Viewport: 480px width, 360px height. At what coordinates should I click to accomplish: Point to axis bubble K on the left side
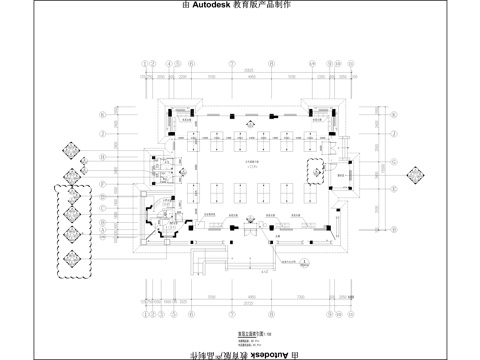click(x=101, y=114)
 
